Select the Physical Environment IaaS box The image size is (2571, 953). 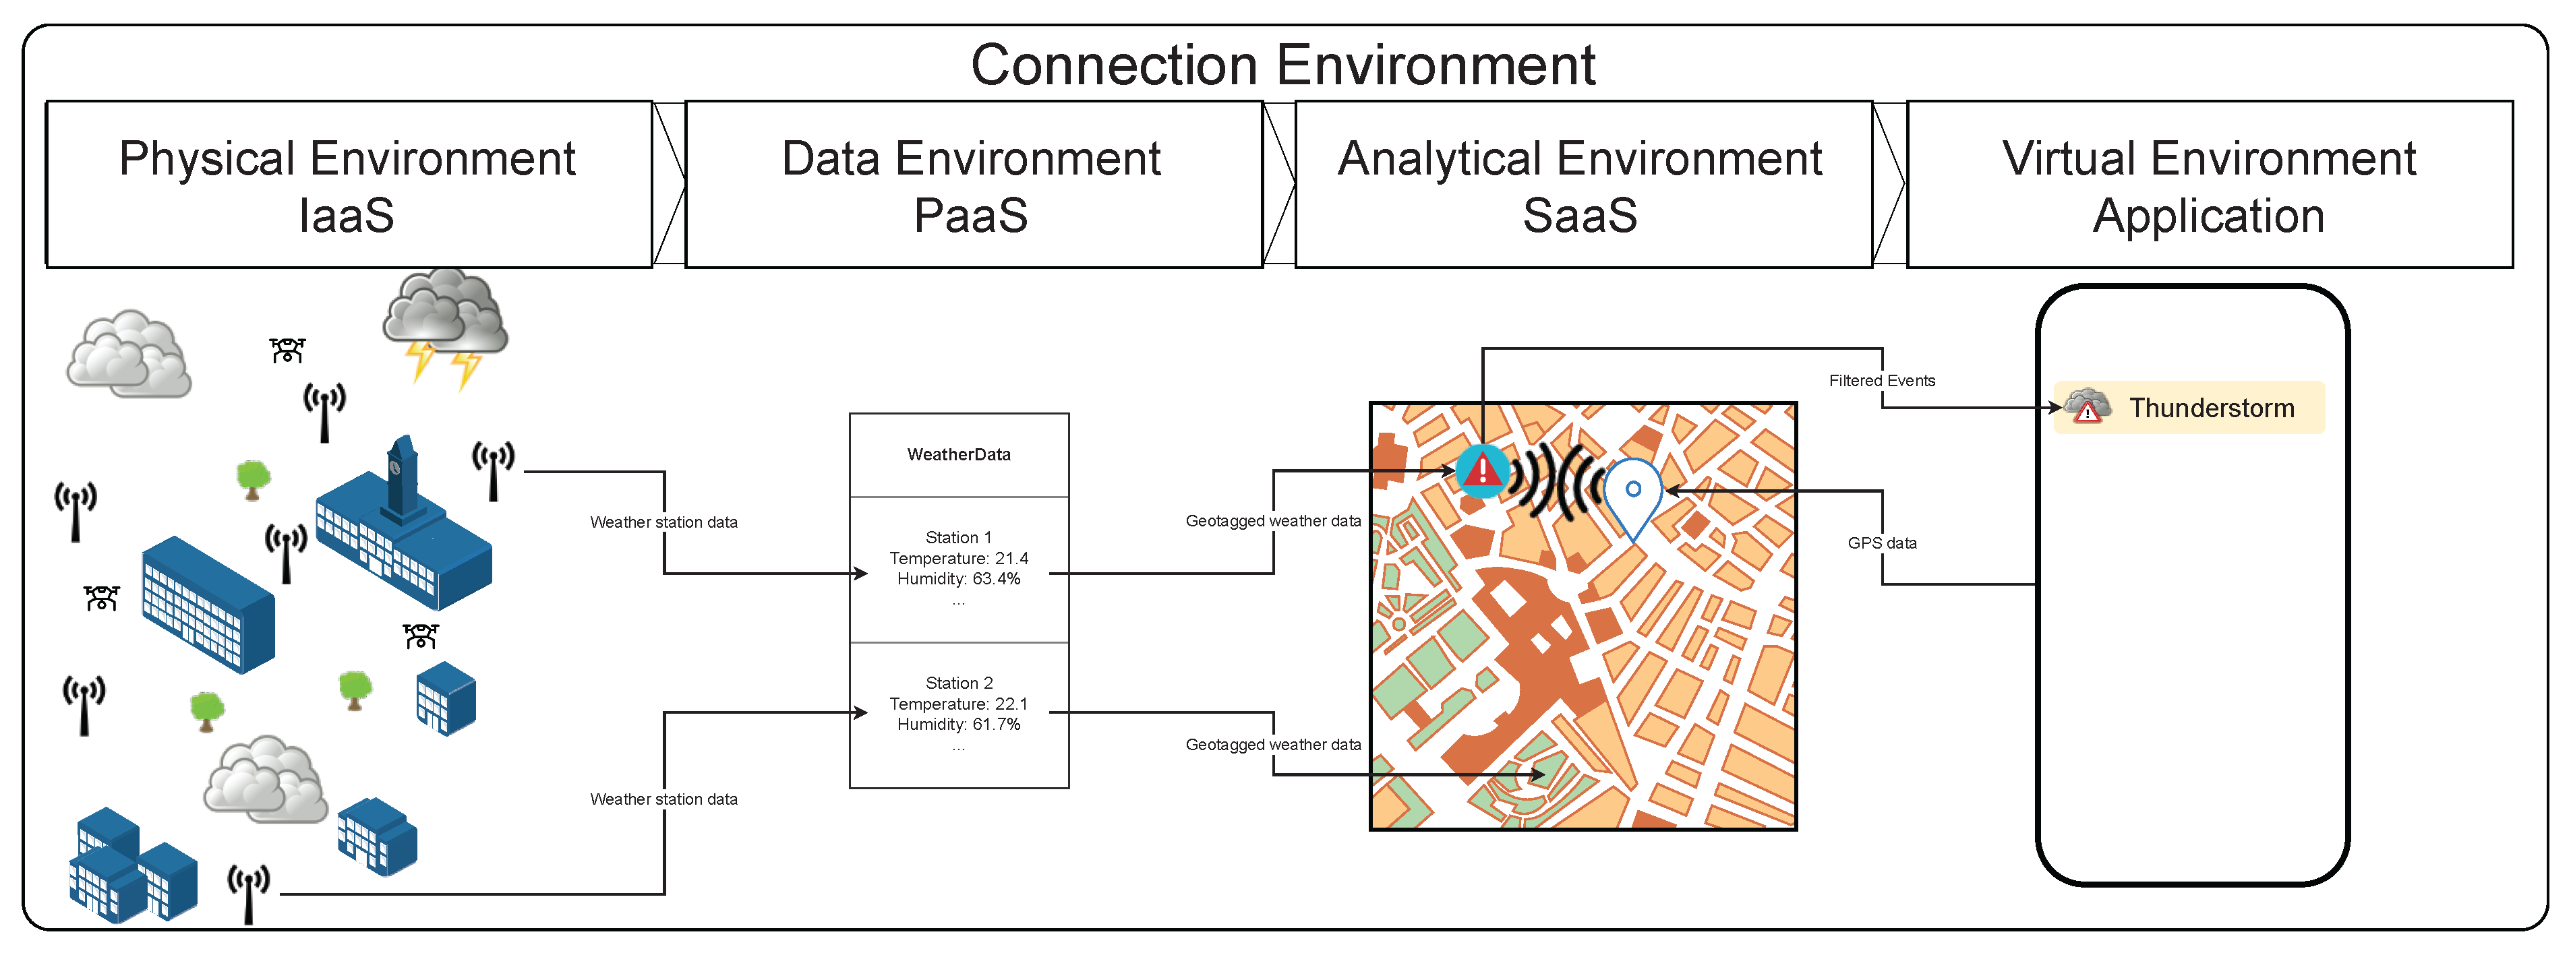[x=349, y=185]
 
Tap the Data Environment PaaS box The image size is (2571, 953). [x=973, y=185]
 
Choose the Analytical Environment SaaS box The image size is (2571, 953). [x=1582, y=185]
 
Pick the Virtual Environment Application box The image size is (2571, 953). [x=2209, y=185]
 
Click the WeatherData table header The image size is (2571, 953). [x=958, y=455]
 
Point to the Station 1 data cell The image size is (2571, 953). [x=958, y=569]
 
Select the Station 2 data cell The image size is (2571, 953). [x=958, y=714]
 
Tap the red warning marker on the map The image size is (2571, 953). [x=1482, y=469]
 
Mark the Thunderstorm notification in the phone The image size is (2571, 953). [x=2189, y=407]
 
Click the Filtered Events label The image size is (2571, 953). [x=1881, y=380]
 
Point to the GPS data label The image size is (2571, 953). [x=1881, y=543]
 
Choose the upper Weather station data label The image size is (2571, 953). [x=663, y=522]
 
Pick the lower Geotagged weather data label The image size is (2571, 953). [x=1272, y=745]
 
